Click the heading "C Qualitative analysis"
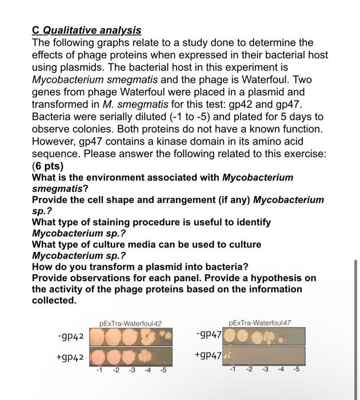tap(86, 30)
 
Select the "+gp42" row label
tap(70, 358)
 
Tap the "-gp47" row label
tap(208, 333)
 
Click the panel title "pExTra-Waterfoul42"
tap(130, 323)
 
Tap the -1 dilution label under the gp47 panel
tap(233, 369)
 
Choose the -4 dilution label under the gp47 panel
tap(280, 369)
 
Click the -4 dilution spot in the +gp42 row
tap(147, 358)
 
